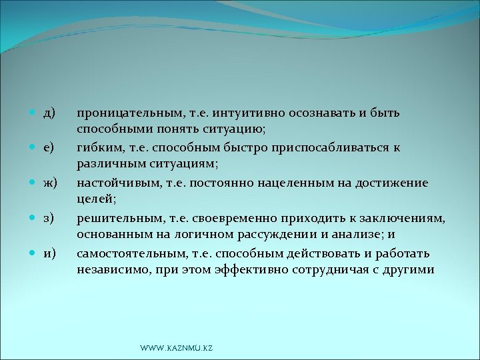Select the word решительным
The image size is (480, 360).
[x=115, y=217]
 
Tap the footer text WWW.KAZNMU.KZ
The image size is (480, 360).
[x=177, y=349]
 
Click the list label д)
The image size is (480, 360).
[x=49, y=111]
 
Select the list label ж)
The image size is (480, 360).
[x=50, y=181]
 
